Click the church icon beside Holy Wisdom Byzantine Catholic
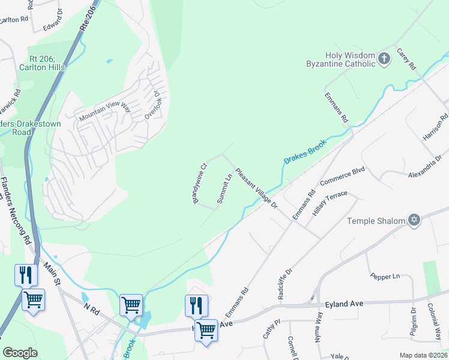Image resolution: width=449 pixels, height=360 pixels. [385, 59]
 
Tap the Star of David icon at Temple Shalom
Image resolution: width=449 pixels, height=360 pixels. [413, 220]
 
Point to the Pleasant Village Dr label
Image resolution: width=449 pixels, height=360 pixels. [256, 188]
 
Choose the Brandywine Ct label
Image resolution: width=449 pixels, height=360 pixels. [200, 183]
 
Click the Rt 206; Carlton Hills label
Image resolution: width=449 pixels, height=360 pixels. [46, 63]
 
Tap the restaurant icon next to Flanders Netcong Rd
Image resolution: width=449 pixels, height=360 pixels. [26, 275]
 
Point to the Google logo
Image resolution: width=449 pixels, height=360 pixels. [20, 353]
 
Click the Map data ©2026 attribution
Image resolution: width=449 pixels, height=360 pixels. [423, 355]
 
